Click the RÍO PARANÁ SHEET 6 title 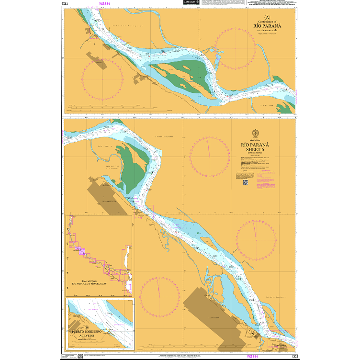pyautogui.click(x=255, y=147)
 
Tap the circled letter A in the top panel pyautogui.click(x=260, y=18)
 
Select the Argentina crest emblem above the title pyautogui.click(x=255, y=134)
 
